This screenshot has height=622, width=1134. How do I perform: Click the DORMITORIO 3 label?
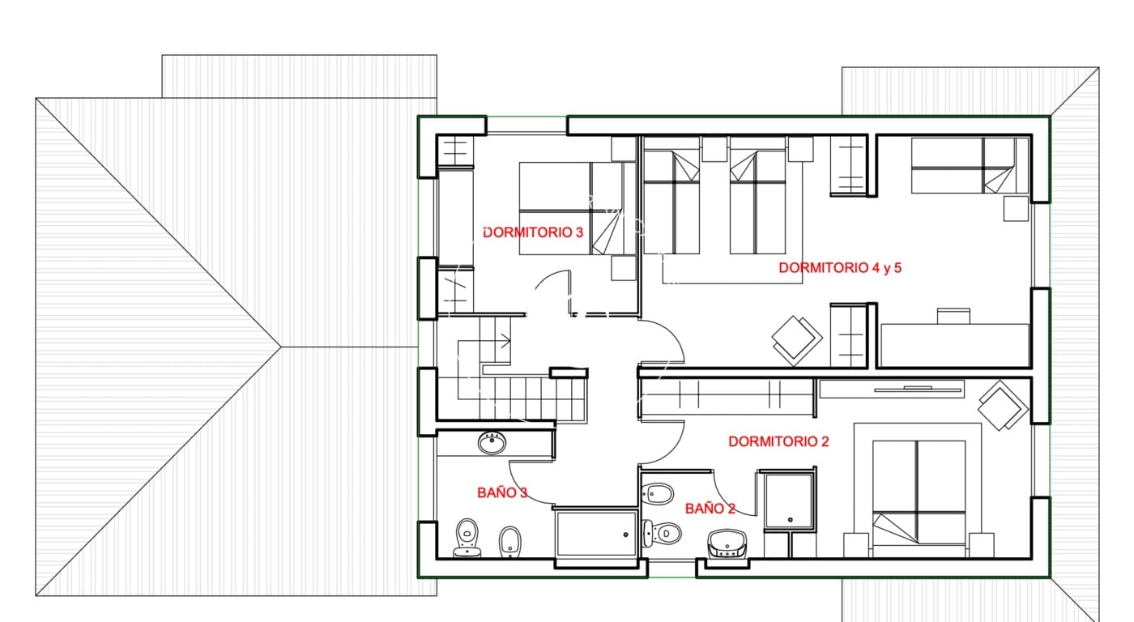[x=532, y=232]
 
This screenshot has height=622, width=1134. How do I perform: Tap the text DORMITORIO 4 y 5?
[x=839, y=268]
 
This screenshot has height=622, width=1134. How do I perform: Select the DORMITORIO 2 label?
[x=778, y=441]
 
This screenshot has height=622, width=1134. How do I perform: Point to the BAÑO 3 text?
[x=502, y=492]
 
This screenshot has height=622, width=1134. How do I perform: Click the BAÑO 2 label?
[x=710, y=509]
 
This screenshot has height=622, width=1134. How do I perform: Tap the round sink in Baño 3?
[x=492, y=442]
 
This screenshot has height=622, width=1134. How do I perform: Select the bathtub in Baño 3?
[x=596, y=533]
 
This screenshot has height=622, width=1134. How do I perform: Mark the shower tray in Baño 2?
[x=788, y=501]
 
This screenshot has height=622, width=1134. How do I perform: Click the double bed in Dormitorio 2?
[x=919, y=492]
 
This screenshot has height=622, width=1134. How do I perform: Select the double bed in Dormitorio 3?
[x=571, y=209]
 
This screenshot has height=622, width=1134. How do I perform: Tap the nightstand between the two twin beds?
[x=714, y=149]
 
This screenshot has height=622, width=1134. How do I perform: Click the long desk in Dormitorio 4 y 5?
[x=954, y=344]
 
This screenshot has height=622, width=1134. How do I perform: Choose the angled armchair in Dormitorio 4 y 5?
[x=796, y=339]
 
